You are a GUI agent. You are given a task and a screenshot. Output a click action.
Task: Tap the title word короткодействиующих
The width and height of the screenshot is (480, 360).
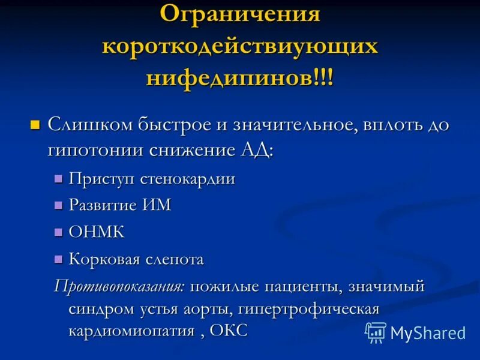tap(240, 47)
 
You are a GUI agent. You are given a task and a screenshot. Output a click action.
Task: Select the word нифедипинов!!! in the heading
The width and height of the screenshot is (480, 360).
tap(240, 79)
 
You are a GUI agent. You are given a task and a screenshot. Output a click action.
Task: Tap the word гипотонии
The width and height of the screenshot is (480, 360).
tap(95, 149)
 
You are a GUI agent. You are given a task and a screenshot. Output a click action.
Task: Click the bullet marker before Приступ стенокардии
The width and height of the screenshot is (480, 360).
tap(58, 179)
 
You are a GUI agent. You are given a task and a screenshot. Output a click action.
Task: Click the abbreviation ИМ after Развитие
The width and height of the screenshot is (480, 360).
tap(158, 205)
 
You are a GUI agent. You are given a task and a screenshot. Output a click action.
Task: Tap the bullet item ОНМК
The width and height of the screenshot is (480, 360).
tap(97, 232)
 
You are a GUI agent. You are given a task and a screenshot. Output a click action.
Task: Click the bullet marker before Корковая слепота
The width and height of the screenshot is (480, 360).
tap(58, 259)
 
